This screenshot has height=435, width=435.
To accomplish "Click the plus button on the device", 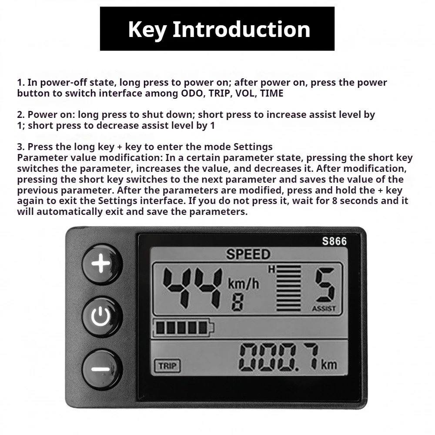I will pyautogui.click(x=101, y=264).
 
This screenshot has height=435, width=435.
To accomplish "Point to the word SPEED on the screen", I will pyautogui.click(x=248, y=254).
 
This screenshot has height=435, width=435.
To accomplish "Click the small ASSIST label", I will pyautogui.click(x=324, y=309).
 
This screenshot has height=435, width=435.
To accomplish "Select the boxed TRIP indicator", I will pyautogui.click(x=167, y=366).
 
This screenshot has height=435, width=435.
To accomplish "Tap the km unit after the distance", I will pyautogui.click(x=329, y=364).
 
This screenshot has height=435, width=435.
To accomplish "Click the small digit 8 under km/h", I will pyautogui.click(x=237, y=302).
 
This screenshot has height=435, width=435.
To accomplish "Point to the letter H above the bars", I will pyautogui.click(x=271, y=270).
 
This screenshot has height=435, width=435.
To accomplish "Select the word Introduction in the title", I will pyautogui.click(x=241, y=29).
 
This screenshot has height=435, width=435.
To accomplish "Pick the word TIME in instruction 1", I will pyautogui.click(x=272, y=93).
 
